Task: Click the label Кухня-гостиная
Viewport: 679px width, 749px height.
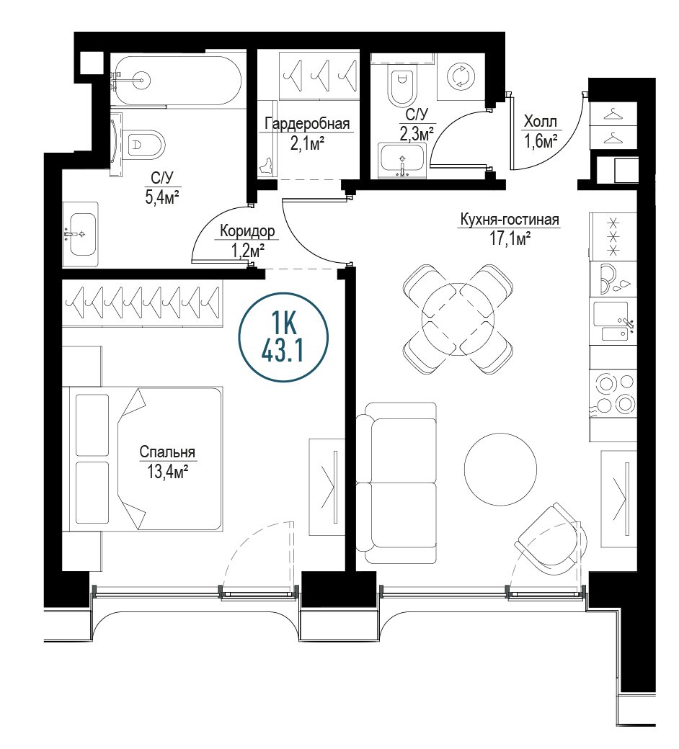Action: click(x=509, y=220)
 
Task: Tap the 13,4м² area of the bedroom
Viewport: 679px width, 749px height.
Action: click(x=167, y=472)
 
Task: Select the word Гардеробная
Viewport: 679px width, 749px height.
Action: click(x=308, y=124)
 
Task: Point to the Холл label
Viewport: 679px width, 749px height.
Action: click(x=541, y=122)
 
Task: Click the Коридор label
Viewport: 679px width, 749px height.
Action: click(x=247, y=232)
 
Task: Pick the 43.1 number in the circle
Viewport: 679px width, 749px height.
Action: click(x=282, y=352)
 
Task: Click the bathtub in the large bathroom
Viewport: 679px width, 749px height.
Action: click(x=177, y=81)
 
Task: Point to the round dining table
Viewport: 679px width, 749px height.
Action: click(x=458, y=319)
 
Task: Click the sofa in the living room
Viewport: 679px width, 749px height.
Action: click(x=396, y=483)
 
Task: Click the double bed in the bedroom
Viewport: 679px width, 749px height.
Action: click(x=146, y=459)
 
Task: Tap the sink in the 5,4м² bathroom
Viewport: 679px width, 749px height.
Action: click(x=80, y=234)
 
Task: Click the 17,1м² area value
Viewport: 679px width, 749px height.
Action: click(x=510, y=238)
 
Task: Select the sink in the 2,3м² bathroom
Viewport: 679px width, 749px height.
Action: click(x=401, y=161)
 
